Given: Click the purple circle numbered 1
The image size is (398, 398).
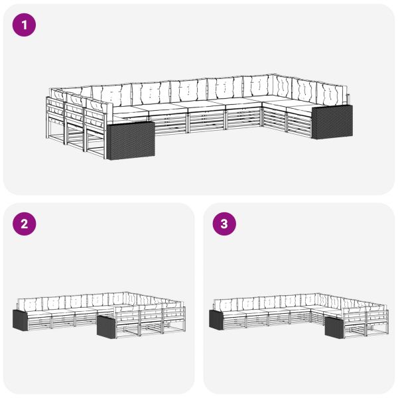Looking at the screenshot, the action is click(x=24, y=25).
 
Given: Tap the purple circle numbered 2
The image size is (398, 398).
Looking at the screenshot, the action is click(x=24, y=224).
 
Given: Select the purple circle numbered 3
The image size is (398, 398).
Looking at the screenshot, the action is click(x=224, y=224).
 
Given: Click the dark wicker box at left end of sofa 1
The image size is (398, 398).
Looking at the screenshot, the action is click(x=131, y=141).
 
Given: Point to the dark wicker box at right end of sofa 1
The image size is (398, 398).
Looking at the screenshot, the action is click(x=332, y=122).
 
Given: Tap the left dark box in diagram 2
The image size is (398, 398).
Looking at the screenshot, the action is click(x=20, y=320).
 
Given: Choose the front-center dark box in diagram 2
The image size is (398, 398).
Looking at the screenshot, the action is click(x=106, y=327).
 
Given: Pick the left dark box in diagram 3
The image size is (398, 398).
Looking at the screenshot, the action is click(x=216, y=320).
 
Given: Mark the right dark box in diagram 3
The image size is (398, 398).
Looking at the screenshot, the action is click(x=334, y=328).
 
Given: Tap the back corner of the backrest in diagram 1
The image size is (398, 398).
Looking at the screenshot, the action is click(x=273, y=74).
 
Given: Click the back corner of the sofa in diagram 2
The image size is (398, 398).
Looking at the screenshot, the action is click(x=127, y=293).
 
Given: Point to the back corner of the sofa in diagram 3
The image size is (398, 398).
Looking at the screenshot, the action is click(x=320, y=295).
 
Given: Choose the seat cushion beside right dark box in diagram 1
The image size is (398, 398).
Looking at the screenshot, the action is click(x=300, y=108).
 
